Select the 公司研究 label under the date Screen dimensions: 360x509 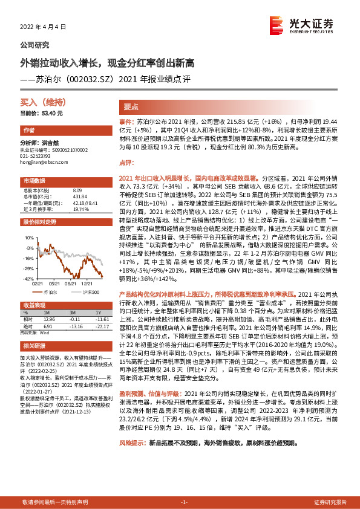pos(34,45)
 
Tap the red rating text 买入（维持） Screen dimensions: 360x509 pos(42,103)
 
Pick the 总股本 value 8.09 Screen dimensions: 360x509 pos(77,190)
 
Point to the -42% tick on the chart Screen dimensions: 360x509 pos(29,279)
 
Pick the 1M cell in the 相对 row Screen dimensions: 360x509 pos(50,319)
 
